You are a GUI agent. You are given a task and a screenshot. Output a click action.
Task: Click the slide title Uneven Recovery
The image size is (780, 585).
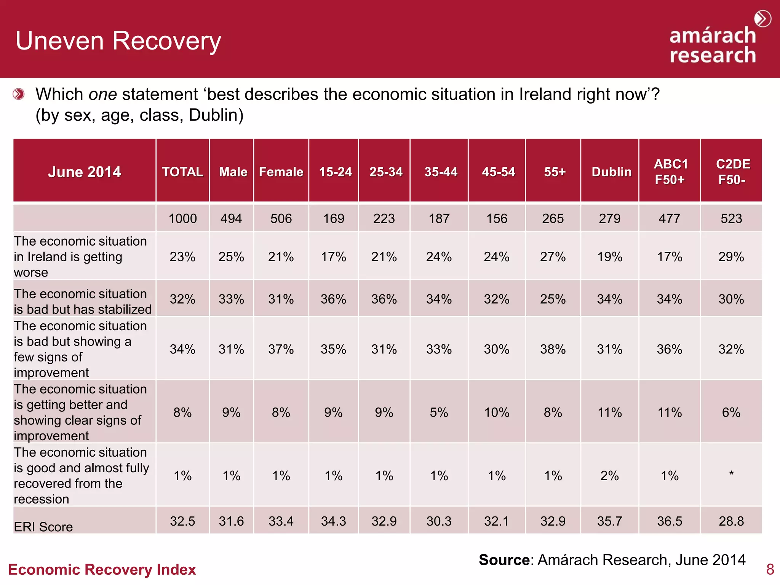click(x=118, y=41)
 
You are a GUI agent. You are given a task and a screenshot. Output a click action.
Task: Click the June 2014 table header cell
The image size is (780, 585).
click(x=84, y=172)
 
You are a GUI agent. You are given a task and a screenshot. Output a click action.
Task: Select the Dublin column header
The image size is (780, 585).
click(x=611, y=172)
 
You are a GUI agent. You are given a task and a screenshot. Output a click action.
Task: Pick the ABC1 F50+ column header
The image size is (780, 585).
click(x=670, y=172)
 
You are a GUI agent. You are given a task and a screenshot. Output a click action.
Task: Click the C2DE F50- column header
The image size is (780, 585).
click(x=732, y=172)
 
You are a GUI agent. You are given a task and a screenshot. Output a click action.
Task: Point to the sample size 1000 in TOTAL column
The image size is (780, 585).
click(x=182, y=219)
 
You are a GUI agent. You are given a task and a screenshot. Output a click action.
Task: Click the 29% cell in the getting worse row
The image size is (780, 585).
click(x=731, y=257)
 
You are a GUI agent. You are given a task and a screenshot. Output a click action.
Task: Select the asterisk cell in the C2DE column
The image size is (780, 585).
click(x=731, y=474)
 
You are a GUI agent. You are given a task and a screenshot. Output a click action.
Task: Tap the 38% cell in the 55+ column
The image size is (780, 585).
click(x=553, y=349)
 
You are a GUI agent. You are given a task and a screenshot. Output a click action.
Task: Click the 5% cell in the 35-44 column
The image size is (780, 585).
click(x=439, y=412)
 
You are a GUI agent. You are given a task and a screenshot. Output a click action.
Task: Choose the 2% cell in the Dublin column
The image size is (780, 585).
click(x=609, y=476)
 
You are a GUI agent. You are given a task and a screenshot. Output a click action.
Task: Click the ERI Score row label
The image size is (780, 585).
click(x=43, y=527)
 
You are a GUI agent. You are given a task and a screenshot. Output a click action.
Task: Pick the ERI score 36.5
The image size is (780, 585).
click(x=670, y=521)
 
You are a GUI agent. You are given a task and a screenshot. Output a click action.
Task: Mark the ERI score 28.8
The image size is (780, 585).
click(x=731, y=521)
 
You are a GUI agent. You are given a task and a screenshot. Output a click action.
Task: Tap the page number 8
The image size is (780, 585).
click(x=770, y=569)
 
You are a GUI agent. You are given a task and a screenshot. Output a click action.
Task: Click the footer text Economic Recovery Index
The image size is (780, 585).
click(x=102, y=569)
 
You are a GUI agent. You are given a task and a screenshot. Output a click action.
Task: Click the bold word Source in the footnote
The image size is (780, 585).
click(x=504, y=560)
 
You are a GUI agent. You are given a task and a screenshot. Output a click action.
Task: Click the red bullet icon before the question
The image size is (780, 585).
click(x=19, y=94)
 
